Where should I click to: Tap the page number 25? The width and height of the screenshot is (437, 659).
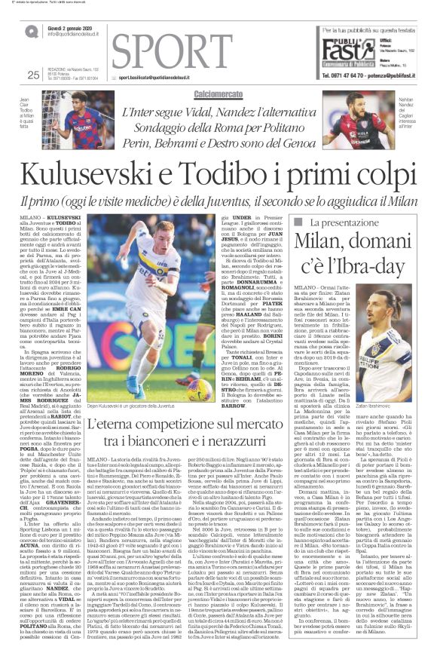click(32, 74)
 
